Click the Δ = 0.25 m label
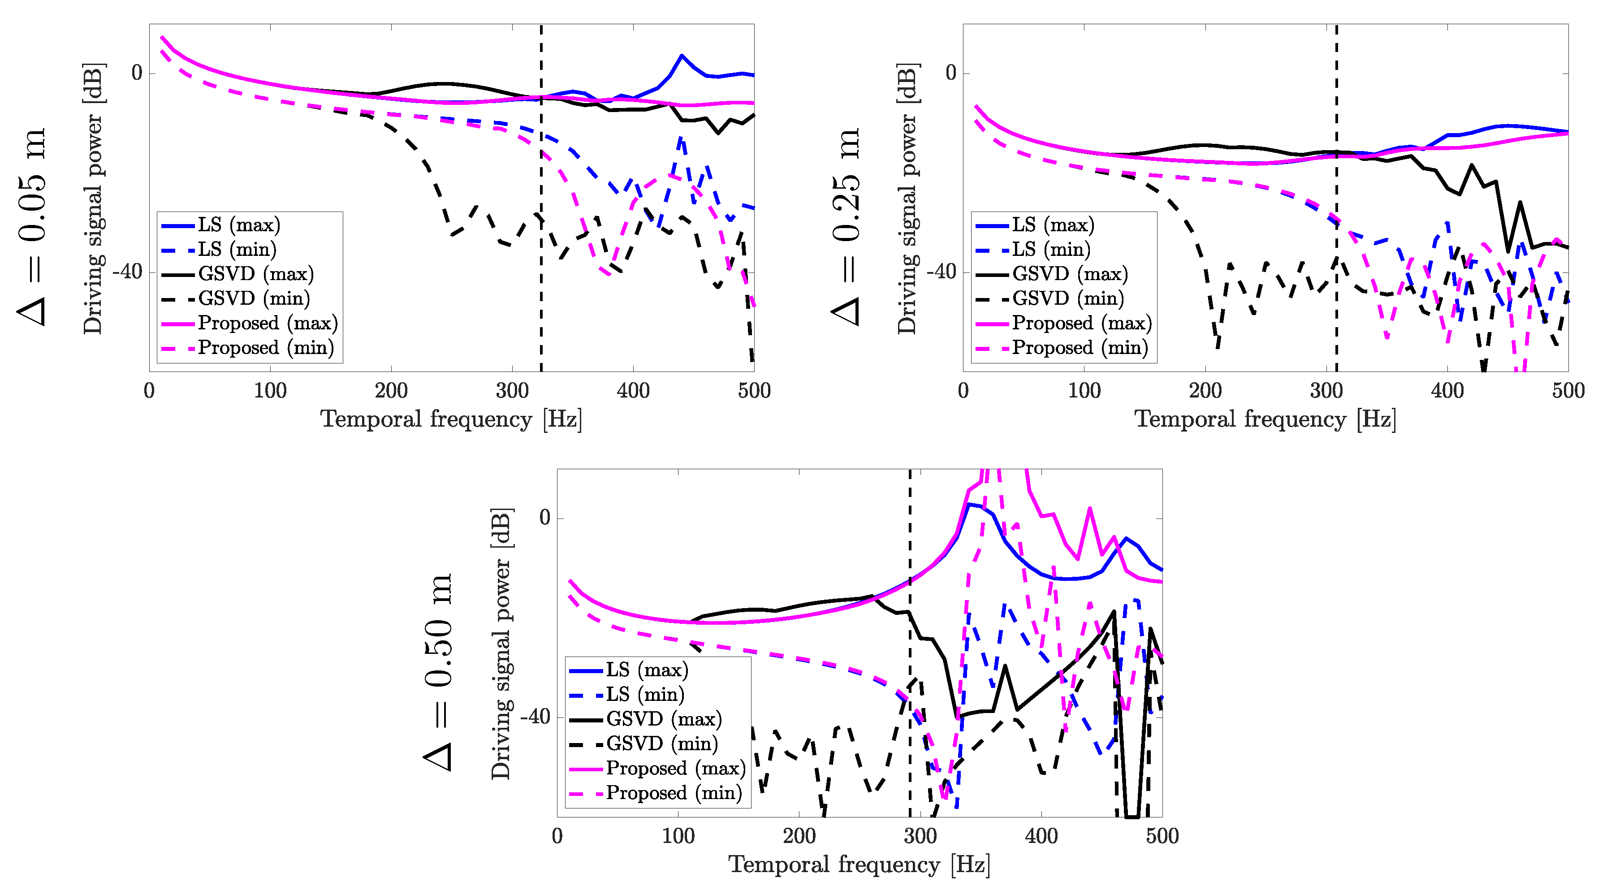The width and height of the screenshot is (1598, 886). click(x=846, y=226)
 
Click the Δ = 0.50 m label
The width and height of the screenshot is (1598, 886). click(x=439, y=672)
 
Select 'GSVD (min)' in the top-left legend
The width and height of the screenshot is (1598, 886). click(x=253, y=298)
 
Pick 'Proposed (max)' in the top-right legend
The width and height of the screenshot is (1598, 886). click(x=1081, y=323)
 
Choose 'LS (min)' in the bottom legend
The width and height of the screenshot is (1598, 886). click(x=644, y=694)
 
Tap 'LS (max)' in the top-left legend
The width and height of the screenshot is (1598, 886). click(x=239, y=225)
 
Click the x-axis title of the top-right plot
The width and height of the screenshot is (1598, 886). click(x=1265, y=419)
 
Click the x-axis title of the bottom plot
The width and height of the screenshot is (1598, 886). click(x=859, y=864)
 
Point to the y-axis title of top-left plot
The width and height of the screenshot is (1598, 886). click(x=93, y=199)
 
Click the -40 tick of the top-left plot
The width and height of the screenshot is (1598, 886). click(x=127, y=272)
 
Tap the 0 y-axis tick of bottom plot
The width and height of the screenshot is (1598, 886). click(x=544, y=518)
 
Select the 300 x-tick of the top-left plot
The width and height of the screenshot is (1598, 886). click(x=512, y=391)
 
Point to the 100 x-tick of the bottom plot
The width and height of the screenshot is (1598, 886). click(x=678, y=836)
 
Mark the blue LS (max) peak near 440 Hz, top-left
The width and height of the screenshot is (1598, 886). click(x=682, y=56)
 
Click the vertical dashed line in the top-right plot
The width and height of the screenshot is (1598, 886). click(x=1336, y=186)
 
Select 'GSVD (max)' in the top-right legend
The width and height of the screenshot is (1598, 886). click(x=1070, y=274)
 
